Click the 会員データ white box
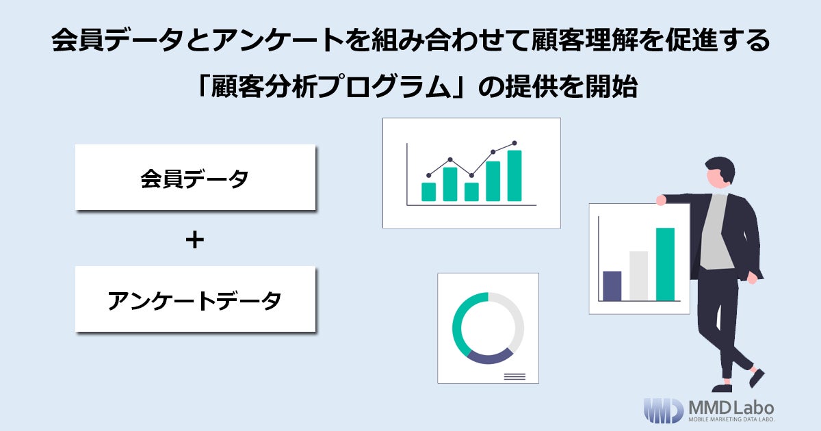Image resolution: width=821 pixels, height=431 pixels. point(195,177)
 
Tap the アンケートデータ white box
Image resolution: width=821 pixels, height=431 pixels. point(195,300)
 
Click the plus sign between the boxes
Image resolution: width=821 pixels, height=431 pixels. point(195,240)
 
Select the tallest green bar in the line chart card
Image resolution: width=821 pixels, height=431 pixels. point(514,176)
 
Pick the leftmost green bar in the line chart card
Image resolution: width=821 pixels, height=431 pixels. point(429,192)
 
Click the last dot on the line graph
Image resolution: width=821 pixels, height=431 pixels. point(514,144)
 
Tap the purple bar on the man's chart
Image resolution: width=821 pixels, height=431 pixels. point(612,286)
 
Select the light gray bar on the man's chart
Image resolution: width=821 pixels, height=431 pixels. point(638,276)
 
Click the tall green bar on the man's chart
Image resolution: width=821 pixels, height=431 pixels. point(665,264)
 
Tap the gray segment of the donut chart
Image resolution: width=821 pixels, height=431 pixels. point(517,318)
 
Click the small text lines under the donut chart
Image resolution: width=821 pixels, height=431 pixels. point(514,376)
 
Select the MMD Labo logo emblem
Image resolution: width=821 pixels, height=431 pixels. point(663,410)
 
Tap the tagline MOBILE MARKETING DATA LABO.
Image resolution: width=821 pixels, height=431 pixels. point(731,420)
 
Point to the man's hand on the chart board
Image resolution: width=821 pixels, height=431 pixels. point(661,200)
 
